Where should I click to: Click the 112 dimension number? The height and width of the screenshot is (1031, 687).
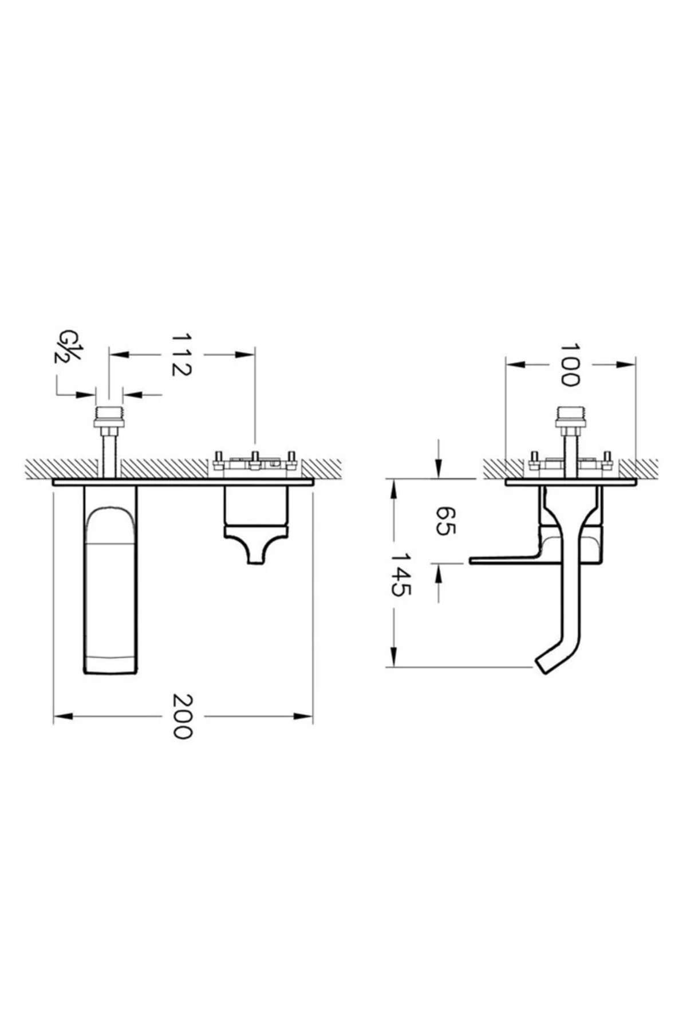(x=181, y=355)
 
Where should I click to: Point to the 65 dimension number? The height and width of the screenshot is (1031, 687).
(x=445, y=521)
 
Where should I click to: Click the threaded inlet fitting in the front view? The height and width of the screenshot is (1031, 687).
(x=109, y=417)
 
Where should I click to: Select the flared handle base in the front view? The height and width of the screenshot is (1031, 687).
(x=255, y=545)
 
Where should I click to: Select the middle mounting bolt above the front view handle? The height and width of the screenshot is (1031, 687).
(x=255, y=460)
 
